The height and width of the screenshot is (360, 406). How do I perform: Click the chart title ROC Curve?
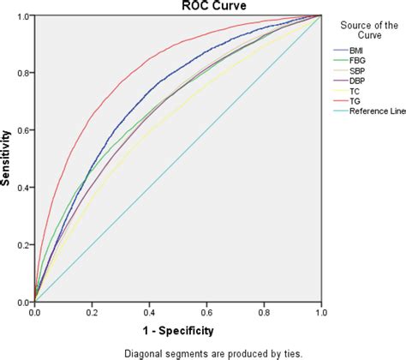coord(178,6)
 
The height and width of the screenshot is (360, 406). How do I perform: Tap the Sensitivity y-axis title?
coord(7,159)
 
